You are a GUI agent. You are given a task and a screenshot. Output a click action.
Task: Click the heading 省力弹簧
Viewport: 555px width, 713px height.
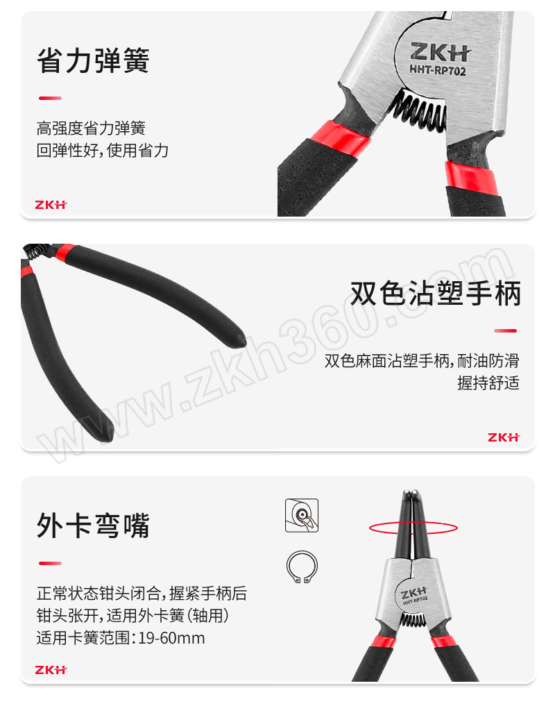[93, 60]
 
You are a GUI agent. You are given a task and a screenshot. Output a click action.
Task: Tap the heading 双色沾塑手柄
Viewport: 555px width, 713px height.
[436, 293]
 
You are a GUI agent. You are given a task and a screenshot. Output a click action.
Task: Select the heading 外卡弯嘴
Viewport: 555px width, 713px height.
[93, 526]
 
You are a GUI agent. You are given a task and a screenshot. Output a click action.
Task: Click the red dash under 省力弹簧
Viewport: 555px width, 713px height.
[50, 98]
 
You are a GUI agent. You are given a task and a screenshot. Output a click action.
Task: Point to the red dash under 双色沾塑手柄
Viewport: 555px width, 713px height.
[506, 330]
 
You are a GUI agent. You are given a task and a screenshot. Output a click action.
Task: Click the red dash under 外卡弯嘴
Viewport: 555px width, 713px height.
[50, 564]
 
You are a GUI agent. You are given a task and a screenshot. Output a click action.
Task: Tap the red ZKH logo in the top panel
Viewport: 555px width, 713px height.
[51, 205]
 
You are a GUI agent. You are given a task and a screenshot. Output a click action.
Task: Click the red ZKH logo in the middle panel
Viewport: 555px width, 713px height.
[504, 437]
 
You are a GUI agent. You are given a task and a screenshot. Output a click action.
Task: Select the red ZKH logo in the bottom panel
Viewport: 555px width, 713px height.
[51, 670]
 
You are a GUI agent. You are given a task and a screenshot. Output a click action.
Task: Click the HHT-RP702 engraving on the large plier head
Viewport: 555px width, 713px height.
[438, 70]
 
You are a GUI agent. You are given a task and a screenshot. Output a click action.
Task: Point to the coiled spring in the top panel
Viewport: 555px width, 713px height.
[417, 108]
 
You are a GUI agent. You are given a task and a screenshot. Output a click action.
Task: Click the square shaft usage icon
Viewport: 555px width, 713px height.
[302, 515]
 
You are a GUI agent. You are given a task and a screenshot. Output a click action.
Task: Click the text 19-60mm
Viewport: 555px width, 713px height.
[171, 638]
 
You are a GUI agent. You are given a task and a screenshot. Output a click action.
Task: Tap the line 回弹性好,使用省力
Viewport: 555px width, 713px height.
[102, 150]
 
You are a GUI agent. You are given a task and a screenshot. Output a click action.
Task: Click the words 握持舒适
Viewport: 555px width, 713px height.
[488, 383]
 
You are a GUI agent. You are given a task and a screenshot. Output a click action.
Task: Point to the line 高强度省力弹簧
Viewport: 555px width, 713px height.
[91, 128]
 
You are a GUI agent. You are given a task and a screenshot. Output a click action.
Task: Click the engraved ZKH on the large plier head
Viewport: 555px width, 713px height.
[441, 52]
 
